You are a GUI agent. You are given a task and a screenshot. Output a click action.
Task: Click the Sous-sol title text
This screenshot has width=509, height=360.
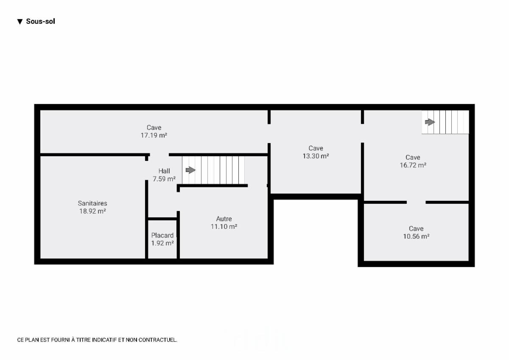pyautogui.click(x=40, y=21)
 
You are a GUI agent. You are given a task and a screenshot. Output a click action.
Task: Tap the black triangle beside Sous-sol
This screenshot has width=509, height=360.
pyautogui.click(x=20, y=22)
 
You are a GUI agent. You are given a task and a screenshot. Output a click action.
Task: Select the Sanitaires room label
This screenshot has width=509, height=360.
pyautogui.click(x=92, y=203)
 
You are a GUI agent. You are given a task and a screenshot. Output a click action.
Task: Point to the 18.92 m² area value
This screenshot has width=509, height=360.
pyautogui.click(x=92, y=211)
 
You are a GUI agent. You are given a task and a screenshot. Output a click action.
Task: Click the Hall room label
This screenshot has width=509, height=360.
pyautogui.click(x=164, y=171)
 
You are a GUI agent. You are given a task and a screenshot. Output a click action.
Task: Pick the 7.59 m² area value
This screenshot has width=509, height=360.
pyautogui.click(x=164, y=179)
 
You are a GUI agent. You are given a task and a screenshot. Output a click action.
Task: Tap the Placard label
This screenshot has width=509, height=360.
pyautogui.click(x=162, y=235)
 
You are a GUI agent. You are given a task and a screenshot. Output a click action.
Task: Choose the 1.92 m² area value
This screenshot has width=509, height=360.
pyautogui.click(x=162, y=243)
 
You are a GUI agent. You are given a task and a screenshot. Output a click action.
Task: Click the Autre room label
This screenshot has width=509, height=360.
pyautogui.click(x=224, y=219)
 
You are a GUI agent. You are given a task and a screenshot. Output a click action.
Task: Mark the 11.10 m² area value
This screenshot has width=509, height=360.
pyautogui.click(x=224, y=227)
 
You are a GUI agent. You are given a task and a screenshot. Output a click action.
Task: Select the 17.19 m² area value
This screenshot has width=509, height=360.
pyautogui.click(x=154, y=135)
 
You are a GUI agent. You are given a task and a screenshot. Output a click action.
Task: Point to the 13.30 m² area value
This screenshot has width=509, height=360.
pyautogui.click(x=316, y=156)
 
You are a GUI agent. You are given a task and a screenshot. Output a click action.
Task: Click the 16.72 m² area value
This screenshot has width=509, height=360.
pyautogui.click(x=413, y=165)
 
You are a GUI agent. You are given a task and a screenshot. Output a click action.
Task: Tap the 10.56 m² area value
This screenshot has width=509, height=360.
pyautogui.click(x=416, y=236)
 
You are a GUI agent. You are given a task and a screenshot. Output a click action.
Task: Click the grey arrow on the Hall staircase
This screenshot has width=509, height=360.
pyautogui.click(x=190, y=170)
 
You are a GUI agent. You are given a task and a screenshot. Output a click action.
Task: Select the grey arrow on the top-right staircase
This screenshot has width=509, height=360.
pyautogui.click(x=430, y=122)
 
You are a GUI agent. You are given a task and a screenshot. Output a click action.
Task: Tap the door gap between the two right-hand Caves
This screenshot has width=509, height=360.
pyautogui.click(x=416, y=202)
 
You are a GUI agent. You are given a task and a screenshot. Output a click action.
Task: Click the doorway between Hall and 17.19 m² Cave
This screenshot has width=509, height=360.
pyautogui.click(x=159, y=155)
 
